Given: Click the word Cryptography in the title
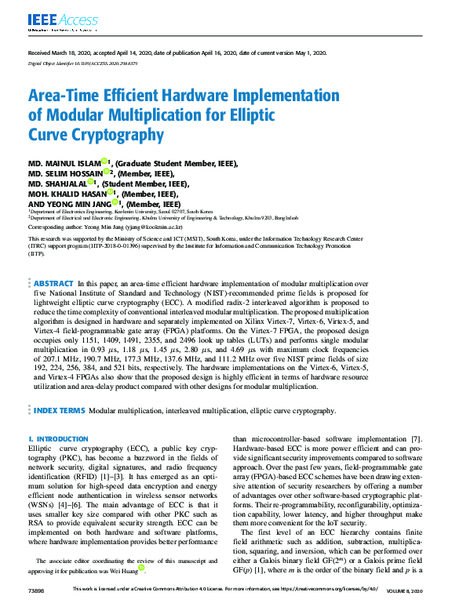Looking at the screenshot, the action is point(120,134).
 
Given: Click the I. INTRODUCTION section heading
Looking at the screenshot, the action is point(58,438).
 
